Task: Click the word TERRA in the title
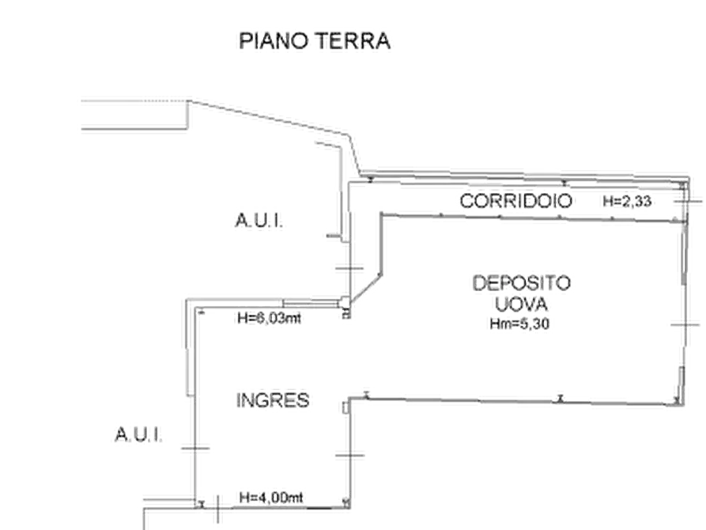[x=353, y=40]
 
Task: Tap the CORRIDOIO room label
[x=516, y=201]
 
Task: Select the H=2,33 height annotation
[x=627, y=201]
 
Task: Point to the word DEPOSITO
[x=522, y=283]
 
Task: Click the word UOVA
[x=521, y=304]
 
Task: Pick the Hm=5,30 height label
[x=519, y=324]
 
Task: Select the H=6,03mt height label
[x=270, y=318]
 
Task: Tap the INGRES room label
[x=273, y=400]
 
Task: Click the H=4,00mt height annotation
[x=271, y=498]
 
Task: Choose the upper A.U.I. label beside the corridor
[x=259, y=221]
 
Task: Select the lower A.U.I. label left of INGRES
[x=138, y=434]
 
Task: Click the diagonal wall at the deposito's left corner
[x=366, y=289]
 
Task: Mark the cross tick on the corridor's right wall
[x=688, y=202]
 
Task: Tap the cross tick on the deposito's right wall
[x=685, y=324]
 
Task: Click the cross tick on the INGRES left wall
[x=195, y=448]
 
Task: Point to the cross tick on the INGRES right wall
[x=350, y=455]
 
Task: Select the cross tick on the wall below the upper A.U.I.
[x=349, y=268]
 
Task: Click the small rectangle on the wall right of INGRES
[x=345, y=407]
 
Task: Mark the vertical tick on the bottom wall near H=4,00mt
[x=218, y=509]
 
